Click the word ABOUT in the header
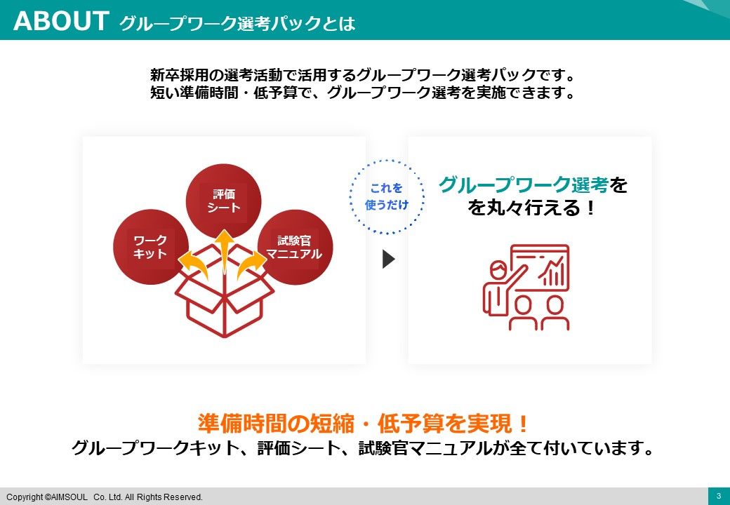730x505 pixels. click(x=61, y=21)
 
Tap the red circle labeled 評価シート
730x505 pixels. click(x=223, y=201)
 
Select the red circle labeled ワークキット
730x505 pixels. click(x=151, y=247)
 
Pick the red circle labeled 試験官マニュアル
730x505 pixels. click(x=296, y=247)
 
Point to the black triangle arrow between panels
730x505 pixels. click(x=388, y=259)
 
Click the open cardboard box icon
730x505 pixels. click(x=224, y=290)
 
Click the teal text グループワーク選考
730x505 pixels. click(x=524, y=184)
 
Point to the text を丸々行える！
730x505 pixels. click(x=531, y=208)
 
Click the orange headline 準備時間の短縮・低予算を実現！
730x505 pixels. click(x=364, y=423)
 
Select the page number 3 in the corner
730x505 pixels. click(x=718, y=496)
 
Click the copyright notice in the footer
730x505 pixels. click(x=105, y=497)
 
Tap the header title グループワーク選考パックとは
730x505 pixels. click(x=237, y=22)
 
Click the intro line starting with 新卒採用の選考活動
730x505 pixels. click(x=363, y=75)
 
